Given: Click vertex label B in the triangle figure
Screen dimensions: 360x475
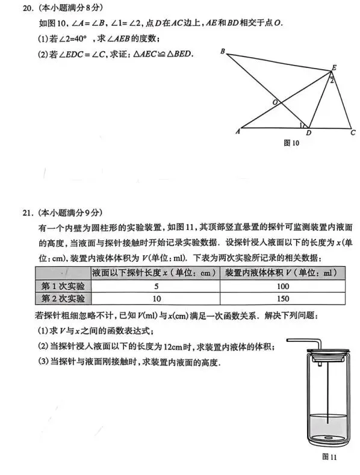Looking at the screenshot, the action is pos(222,52).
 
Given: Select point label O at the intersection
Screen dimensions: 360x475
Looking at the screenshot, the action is pos(275,102).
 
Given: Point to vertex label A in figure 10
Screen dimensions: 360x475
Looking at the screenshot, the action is pos(238,131).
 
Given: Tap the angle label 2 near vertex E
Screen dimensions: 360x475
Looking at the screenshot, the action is pos(331,81).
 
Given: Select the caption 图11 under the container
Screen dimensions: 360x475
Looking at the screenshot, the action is pos(329,458).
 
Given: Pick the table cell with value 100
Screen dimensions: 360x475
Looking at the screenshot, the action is pos(284,286).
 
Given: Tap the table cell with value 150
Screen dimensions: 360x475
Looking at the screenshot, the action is pos(284,299).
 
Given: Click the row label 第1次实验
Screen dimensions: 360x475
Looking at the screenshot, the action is pos(63,286).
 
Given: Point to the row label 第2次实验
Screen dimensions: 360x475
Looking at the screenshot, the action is pos(63,299).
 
